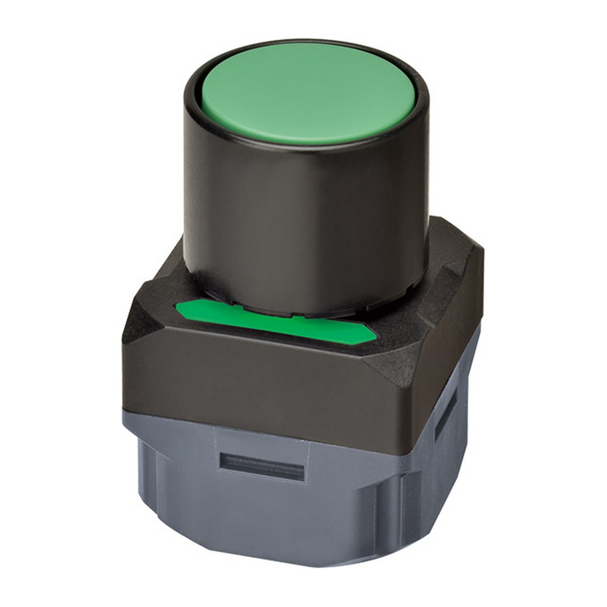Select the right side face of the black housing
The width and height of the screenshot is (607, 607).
pos(449,340)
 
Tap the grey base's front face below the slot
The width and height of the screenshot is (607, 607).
pos(261,516)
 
